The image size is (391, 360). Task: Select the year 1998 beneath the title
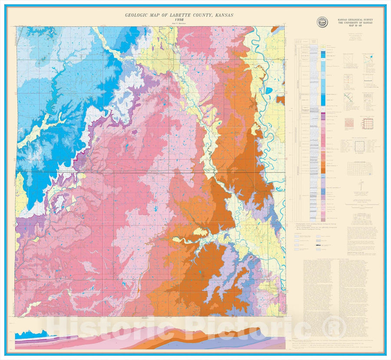(x=179, y=20)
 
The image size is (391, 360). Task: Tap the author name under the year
(x=179, y=24)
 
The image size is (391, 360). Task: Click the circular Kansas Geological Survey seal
(x=323, y=21)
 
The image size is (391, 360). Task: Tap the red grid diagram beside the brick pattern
(x=368, y=123)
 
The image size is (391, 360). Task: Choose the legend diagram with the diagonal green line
(x=349, y=97)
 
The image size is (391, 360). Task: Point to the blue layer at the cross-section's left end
(x=26, y=335)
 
